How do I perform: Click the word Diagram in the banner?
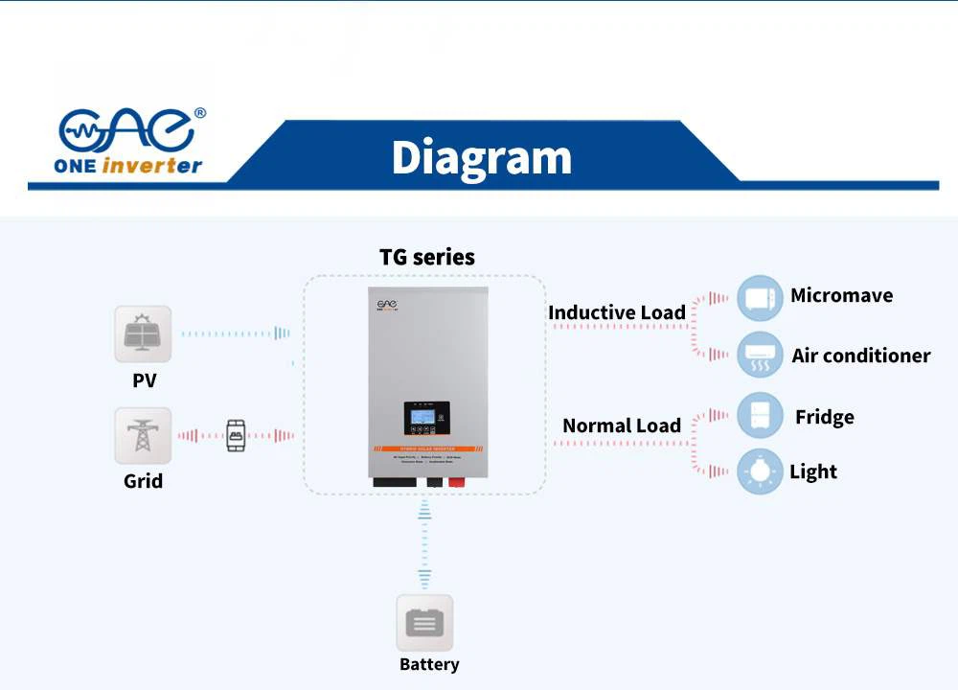pyautogui.click(x=481, y=157)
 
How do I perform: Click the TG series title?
pyautogui.click(x=427, y=257)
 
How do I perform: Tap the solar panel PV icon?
pyautogui.click(x=143, y=333)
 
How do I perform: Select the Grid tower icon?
pyautogui.click(x=143, y=435)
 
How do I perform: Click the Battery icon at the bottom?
pyautogui.click(x=424, y=623)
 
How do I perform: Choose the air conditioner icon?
pyautogui.click(x=760, y=356)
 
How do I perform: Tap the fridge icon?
pyautogui.click(x=760, y=416)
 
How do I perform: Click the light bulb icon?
pyautogui.click(x=760, y=471)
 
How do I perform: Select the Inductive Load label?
pyautogui.click(x=616, y=312)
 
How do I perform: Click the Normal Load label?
pyautogui.click(x=621, y=425)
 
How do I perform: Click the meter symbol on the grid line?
pyautogui.click(x=236, y=435)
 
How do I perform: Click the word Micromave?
pyautogui.click(x=841, y=295)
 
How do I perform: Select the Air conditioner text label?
pyautogui.click(x=860, y=356)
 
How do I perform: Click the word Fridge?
pyautogui.click(x=824, y=417)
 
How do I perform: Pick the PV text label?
pyautogui.click(x=144, y=380)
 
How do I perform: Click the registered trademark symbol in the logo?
pyautogui.click(x=199, y=113)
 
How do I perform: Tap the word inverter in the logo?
pyautogui.click(x=151, y=166)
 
